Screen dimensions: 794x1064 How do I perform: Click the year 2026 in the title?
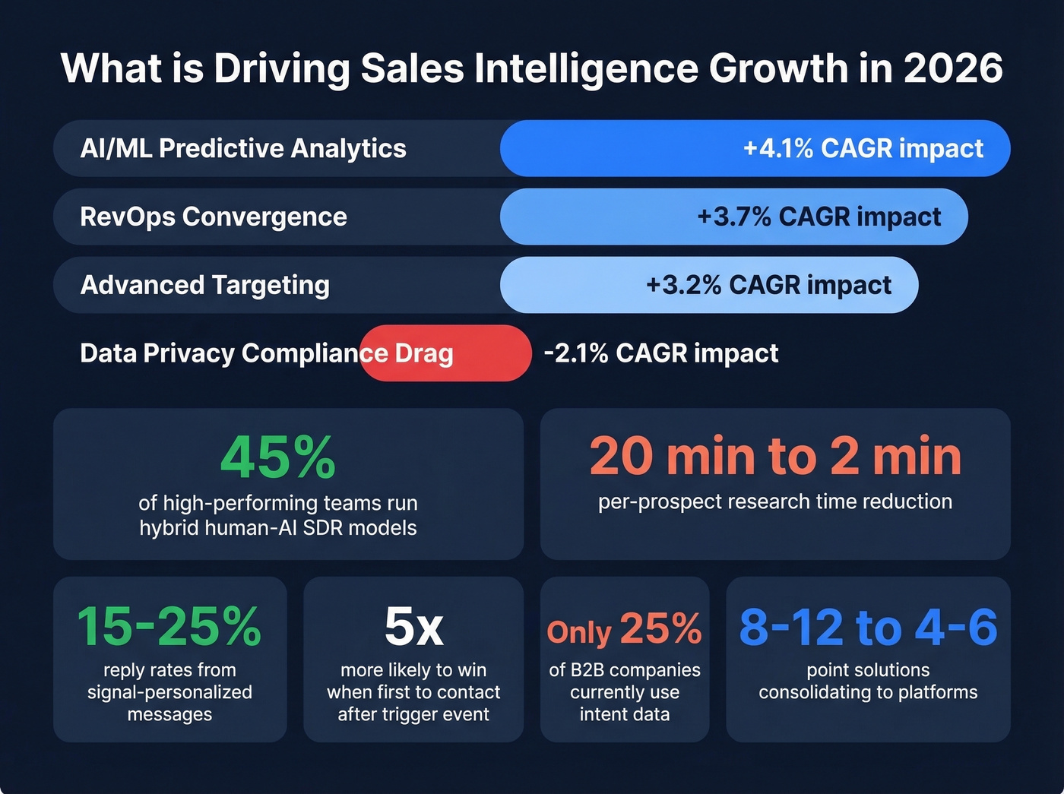953,68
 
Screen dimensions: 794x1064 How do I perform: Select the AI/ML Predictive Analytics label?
243,148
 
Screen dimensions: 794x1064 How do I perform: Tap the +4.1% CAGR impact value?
863,148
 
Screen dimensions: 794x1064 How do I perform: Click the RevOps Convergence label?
214,217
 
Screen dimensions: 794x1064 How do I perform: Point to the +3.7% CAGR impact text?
819,217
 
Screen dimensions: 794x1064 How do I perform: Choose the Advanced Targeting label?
205,285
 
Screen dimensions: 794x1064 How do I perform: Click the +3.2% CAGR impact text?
768,285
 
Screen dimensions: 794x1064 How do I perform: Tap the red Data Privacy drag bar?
486,353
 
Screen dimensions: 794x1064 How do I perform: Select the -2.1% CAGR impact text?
661,353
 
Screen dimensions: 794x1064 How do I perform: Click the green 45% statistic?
277,458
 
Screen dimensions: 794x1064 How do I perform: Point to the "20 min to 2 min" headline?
775,456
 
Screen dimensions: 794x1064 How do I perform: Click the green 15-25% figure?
169,627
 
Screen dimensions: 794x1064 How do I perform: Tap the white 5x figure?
413,627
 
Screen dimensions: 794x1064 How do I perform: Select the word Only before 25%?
579,632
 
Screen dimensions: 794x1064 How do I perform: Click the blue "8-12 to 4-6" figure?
868,627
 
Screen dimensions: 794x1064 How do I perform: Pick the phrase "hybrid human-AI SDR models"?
278,527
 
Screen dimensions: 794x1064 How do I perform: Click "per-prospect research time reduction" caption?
775,501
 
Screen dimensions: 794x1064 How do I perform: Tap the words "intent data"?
625,714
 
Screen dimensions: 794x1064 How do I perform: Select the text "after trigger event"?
413,714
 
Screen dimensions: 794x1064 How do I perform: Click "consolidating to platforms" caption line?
868,692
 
